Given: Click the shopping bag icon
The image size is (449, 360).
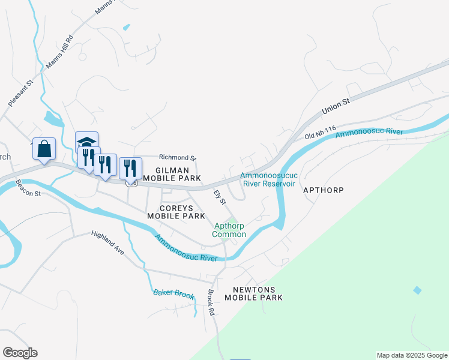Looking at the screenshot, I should pyautogui.click(x=44, y=149).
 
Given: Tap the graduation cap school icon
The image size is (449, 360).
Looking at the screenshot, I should pyautogui.click(x=86, y=142).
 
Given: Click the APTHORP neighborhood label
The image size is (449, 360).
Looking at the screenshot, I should pyautogui.click(x=324, y=190).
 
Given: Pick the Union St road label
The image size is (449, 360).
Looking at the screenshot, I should pyautogui.click(x=336, y=107).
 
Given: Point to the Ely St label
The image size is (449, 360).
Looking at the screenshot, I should pyautogui.click(x=220, y=197).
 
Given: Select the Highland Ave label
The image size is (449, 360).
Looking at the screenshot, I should pyautogui.click(x=108, y=243).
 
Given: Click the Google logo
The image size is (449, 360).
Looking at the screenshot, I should pyautogui.click(x=20, y=352).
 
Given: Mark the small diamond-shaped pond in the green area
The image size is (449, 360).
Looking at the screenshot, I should pyautogui.click(x=417, y=290).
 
